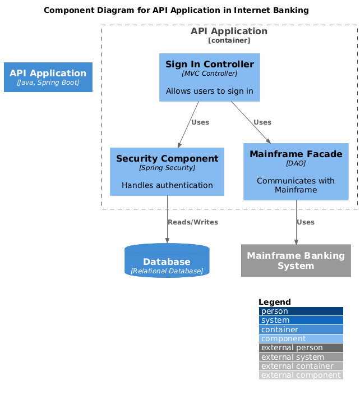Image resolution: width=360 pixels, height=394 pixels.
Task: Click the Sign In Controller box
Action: pos(209,77)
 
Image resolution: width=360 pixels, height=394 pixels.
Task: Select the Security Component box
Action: pos(167,171)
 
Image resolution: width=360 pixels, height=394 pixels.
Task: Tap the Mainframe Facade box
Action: pos(296,171)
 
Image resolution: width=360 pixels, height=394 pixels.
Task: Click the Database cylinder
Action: pos(167,261)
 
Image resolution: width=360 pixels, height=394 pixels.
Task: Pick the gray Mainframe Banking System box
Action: pos(296,260)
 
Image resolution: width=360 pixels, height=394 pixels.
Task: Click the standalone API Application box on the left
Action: pos(48,77)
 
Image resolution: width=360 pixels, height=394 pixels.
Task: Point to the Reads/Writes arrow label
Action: pos(192,222)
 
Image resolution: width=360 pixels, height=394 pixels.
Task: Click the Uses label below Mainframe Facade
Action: pos(305,222)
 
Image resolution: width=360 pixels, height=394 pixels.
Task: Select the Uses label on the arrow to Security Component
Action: pos(200,122)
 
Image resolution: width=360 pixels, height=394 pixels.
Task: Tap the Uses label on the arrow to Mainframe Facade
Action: pos(262,122)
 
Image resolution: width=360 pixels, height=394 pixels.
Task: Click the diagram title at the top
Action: pos(176,11)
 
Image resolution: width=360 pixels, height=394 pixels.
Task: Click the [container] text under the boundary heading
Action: pos(229,40)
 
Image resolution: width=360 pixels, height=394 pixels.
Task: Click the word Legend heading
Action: pos(274,302)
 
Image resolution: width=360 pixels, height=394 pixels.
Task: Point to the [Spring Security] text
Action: pos(167,168)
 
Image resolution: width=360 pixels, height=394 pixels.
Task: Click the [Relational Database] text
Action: pos(167,271)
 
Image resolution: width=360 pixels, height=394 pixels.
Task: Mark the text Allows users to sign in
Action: pos(209,91)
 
